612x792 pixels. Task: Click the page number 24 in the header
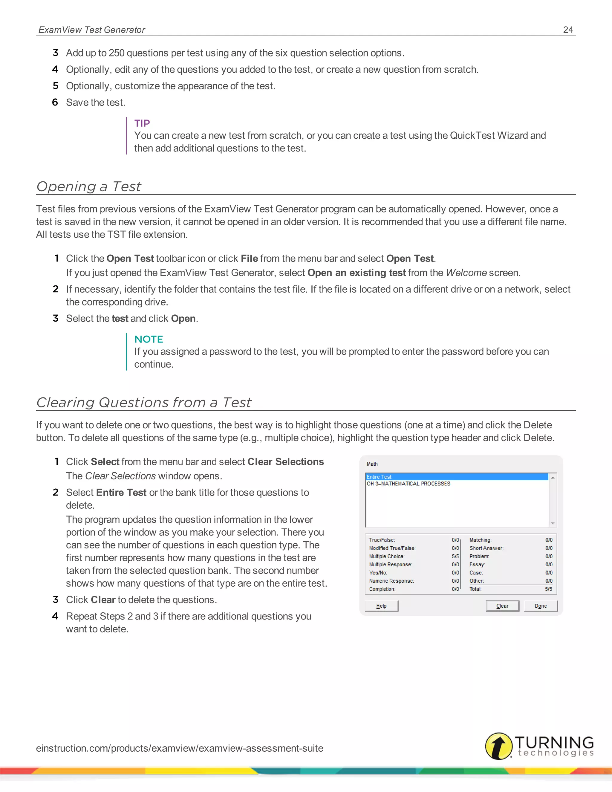pos(568,30)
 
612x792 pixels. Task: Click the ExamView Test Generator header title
pos(92,30)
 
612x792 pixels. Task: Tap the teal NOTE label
pos(149,339)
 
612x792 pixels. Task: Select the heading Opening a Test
pos(89,186)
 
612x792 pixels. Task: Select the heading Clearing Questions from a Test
pos(143,403)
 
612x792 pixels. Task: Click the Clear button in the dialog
pos(502,606)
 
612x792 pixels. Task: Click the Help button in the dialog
pos(381,606)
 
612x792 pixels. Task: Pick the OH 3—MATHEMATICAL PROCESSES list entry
pos(408,484)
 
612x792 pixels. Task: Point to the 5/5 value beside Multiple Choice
pos(455,556)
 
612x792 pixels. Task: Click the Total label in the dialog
pos(475,589)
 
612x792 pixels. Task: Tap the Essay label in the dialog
pos(477,565)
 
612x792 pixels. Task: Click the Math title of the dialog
pos(372,464)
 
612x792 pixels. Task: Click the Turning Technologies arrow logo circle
pos(498,746)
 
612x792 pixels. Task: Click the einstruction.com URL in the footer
pos(180,748)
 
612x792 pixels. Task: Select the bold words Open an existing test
pos(357,273)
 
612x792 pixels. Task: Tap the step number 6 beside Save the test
pos(55,102)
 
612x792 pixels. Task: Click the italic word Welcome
pos(466,273)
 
